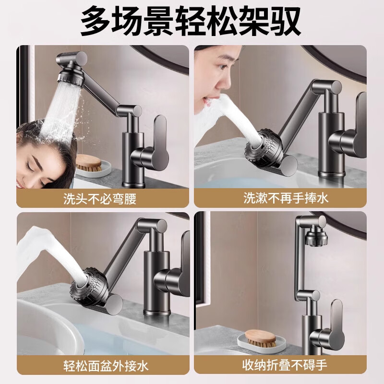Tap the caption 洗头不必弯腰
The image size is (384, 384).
point(100,198)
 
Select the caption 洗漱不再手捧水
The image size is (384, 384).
point(286,198)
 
